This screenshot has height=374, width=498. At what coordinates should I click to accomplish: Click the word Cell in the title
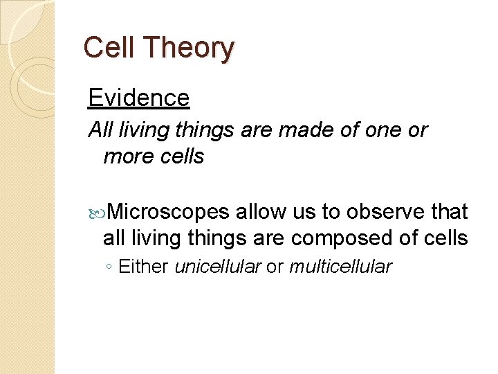[x=107, y=48]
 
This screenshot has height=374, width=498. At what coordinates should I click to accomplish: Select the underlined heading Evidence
[x=139, y=98]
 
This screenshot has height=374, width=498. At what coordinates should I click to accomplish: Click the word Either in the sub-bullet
[x=144, y=267]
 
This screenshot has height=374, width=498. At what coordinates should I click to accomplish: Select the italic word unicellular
[x=218, y=267]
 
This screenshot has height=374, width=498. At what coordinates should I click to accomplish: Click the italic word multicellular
[x=340, y=267]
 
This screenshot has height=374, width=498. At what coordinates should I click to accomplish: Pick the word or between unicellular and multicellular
[x=275, y=267]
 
